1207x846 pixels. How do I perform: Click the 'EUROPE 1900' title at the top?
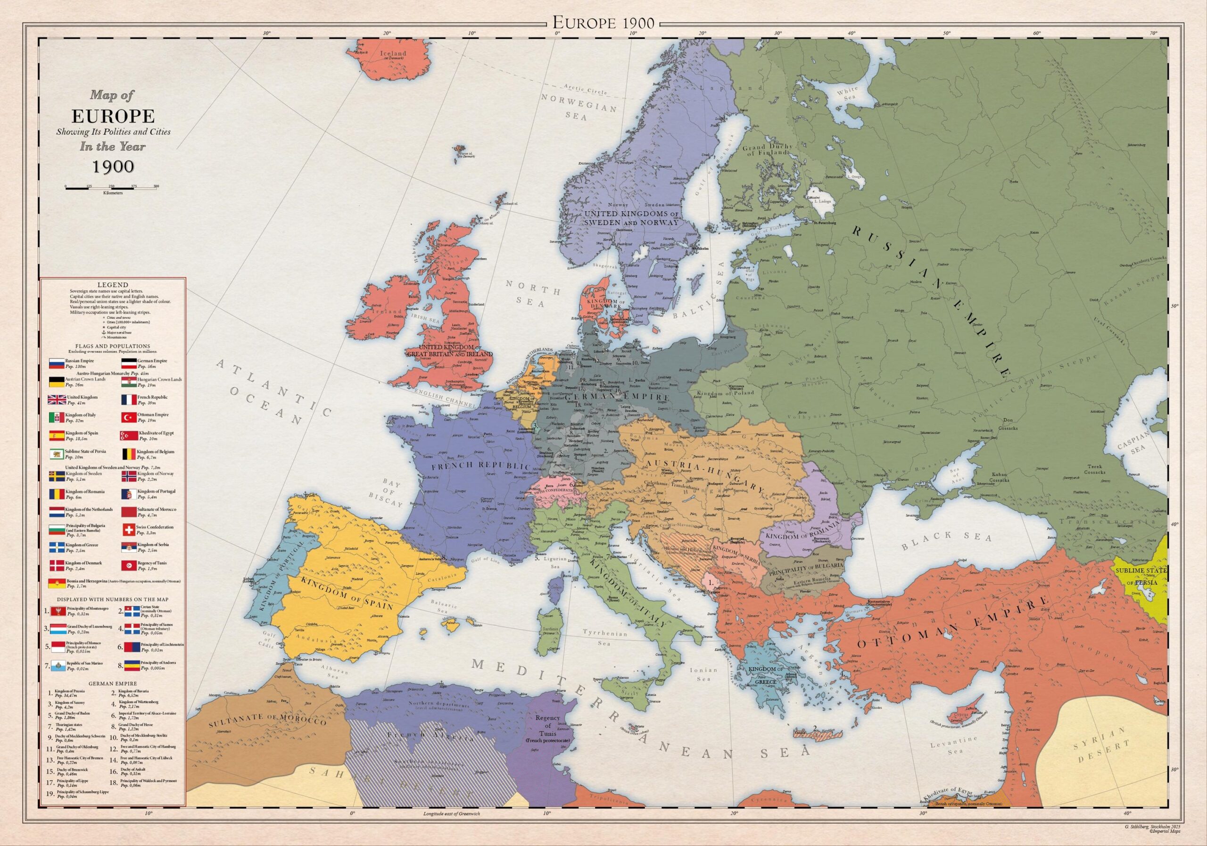coord(603,23)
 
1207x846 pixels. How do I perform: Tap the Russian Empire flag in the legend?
coord(56,363)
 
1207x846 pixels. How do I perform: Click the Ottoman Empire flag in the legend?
coord(128,417)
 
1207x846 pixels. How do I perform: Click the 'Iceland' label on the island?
coord(393,54)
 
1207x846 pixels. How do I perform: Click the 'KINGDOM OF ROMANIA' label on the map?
coord(801,535)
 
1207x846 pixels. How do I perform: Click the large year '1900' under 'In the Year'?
coord(113,166)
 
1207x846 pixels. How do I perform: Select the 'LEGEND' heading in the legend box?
coord(113,284)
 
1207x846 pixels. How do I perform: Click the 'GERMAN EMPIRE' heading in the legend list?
coord(113,683)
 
